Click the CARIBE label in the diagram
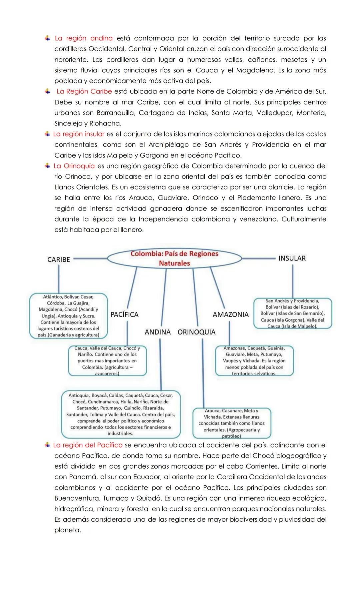click(59, 259)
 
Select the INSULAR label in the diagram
click(292, 258)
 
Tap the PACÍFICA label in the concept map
click(124, 315)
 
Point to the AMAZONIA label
click(231, 315)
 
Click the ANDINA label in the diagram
click(158, 332)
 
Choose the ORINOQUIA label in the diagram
click(196, 332)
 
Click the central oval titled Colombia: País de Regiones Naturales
click(174, 258)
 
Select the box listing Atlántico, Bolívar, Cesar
click(68, 316)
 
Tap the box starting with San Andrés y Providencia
click(292, 314)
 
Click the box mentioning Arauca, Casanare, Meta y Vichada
click(232, 423)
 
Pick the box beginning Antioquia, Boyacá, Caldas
click(121, 414)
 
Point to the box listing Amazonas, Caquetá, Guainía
click(254, 361)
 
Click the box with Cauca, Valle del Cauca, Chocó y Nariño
click(107, 361)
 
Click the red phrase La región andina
click(84, 38)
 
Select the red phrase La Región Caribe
click(84, 91)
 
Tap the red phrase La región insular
click(79, 134)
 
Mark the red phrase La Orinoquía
click(74, 166)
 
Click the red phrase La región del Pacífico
click(88, 445)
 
